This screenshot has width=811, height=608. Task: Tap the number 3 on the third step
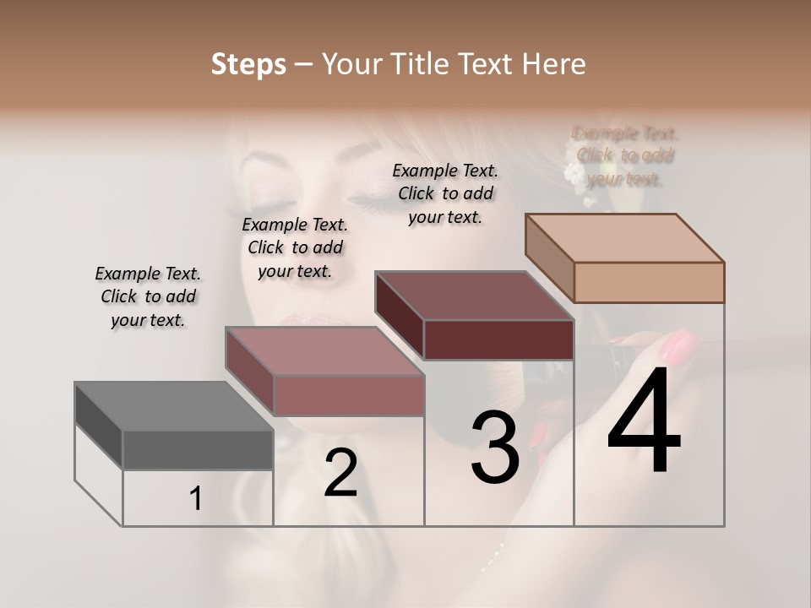click(x=495, y=447)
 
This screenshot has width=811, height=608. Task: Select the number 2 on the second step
click(x=340, y=473)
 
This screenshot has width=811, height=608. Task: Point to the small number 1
click(x=195, y=499)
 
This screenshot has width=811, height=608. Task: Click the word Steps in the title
click(x=248, y=64)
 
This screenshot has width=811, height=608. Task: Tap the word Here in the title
click(x=553, y=64)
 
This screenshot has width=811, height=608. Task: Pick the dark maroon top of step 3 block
click(x=474, y=296)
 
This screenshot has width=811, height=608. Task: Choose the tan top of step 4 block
click(x=624, y=238)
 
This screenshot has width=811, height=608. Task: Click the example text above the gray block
click(x=148, y=296)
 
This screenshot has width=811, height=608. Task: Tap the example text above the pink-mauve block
click(x=295, y=247)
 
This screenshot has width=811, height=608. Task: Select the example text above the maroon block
click(x=445, y=193)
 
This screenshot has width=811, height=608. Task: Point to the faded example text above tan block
click(x=625, y=155)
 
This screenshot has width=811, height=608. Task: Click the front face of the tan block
click(x=649, y=282)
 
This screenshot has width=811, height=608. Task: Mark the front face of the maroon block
click(x=498, y=339)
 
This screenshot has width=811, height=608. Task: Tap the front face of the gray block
click(x=198, y=449)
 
